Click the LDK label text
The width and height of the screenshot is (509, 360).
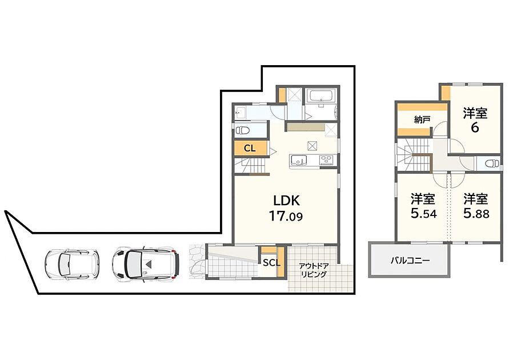287,201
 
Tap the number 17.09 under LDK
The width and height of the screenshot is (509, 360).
286,216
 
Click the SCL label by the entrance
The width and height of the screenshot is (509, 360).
271,263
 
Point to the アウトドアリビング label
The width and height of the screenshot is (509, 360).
314,270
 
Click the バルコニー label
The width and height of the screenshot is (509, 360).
410,261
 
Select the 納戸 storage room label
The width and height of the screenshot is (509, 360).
422,120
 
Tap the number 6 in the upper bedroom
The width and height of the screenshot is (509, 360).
475,127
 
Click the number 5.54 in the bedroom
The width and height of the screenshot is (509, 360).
424,213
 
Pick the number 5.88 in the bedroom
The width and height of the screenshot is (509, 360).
476,213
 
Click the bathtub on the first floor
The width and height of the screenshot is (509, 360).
322,96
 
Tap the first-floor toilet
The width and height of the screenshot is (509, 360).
242,130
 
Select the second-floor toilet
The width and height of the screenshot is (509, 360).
492,163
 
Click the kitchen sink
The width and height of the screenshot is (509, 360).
299,160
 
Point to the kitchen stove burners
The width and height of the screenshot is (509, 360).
327,160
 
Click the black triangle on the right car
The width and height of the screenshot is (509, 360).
149,264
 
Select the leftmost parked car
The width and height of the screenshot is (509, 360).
72,264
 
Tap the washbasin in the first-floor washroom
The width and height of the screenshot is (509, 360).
241,113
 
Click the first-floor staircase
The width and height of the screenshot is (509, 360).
251,166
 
